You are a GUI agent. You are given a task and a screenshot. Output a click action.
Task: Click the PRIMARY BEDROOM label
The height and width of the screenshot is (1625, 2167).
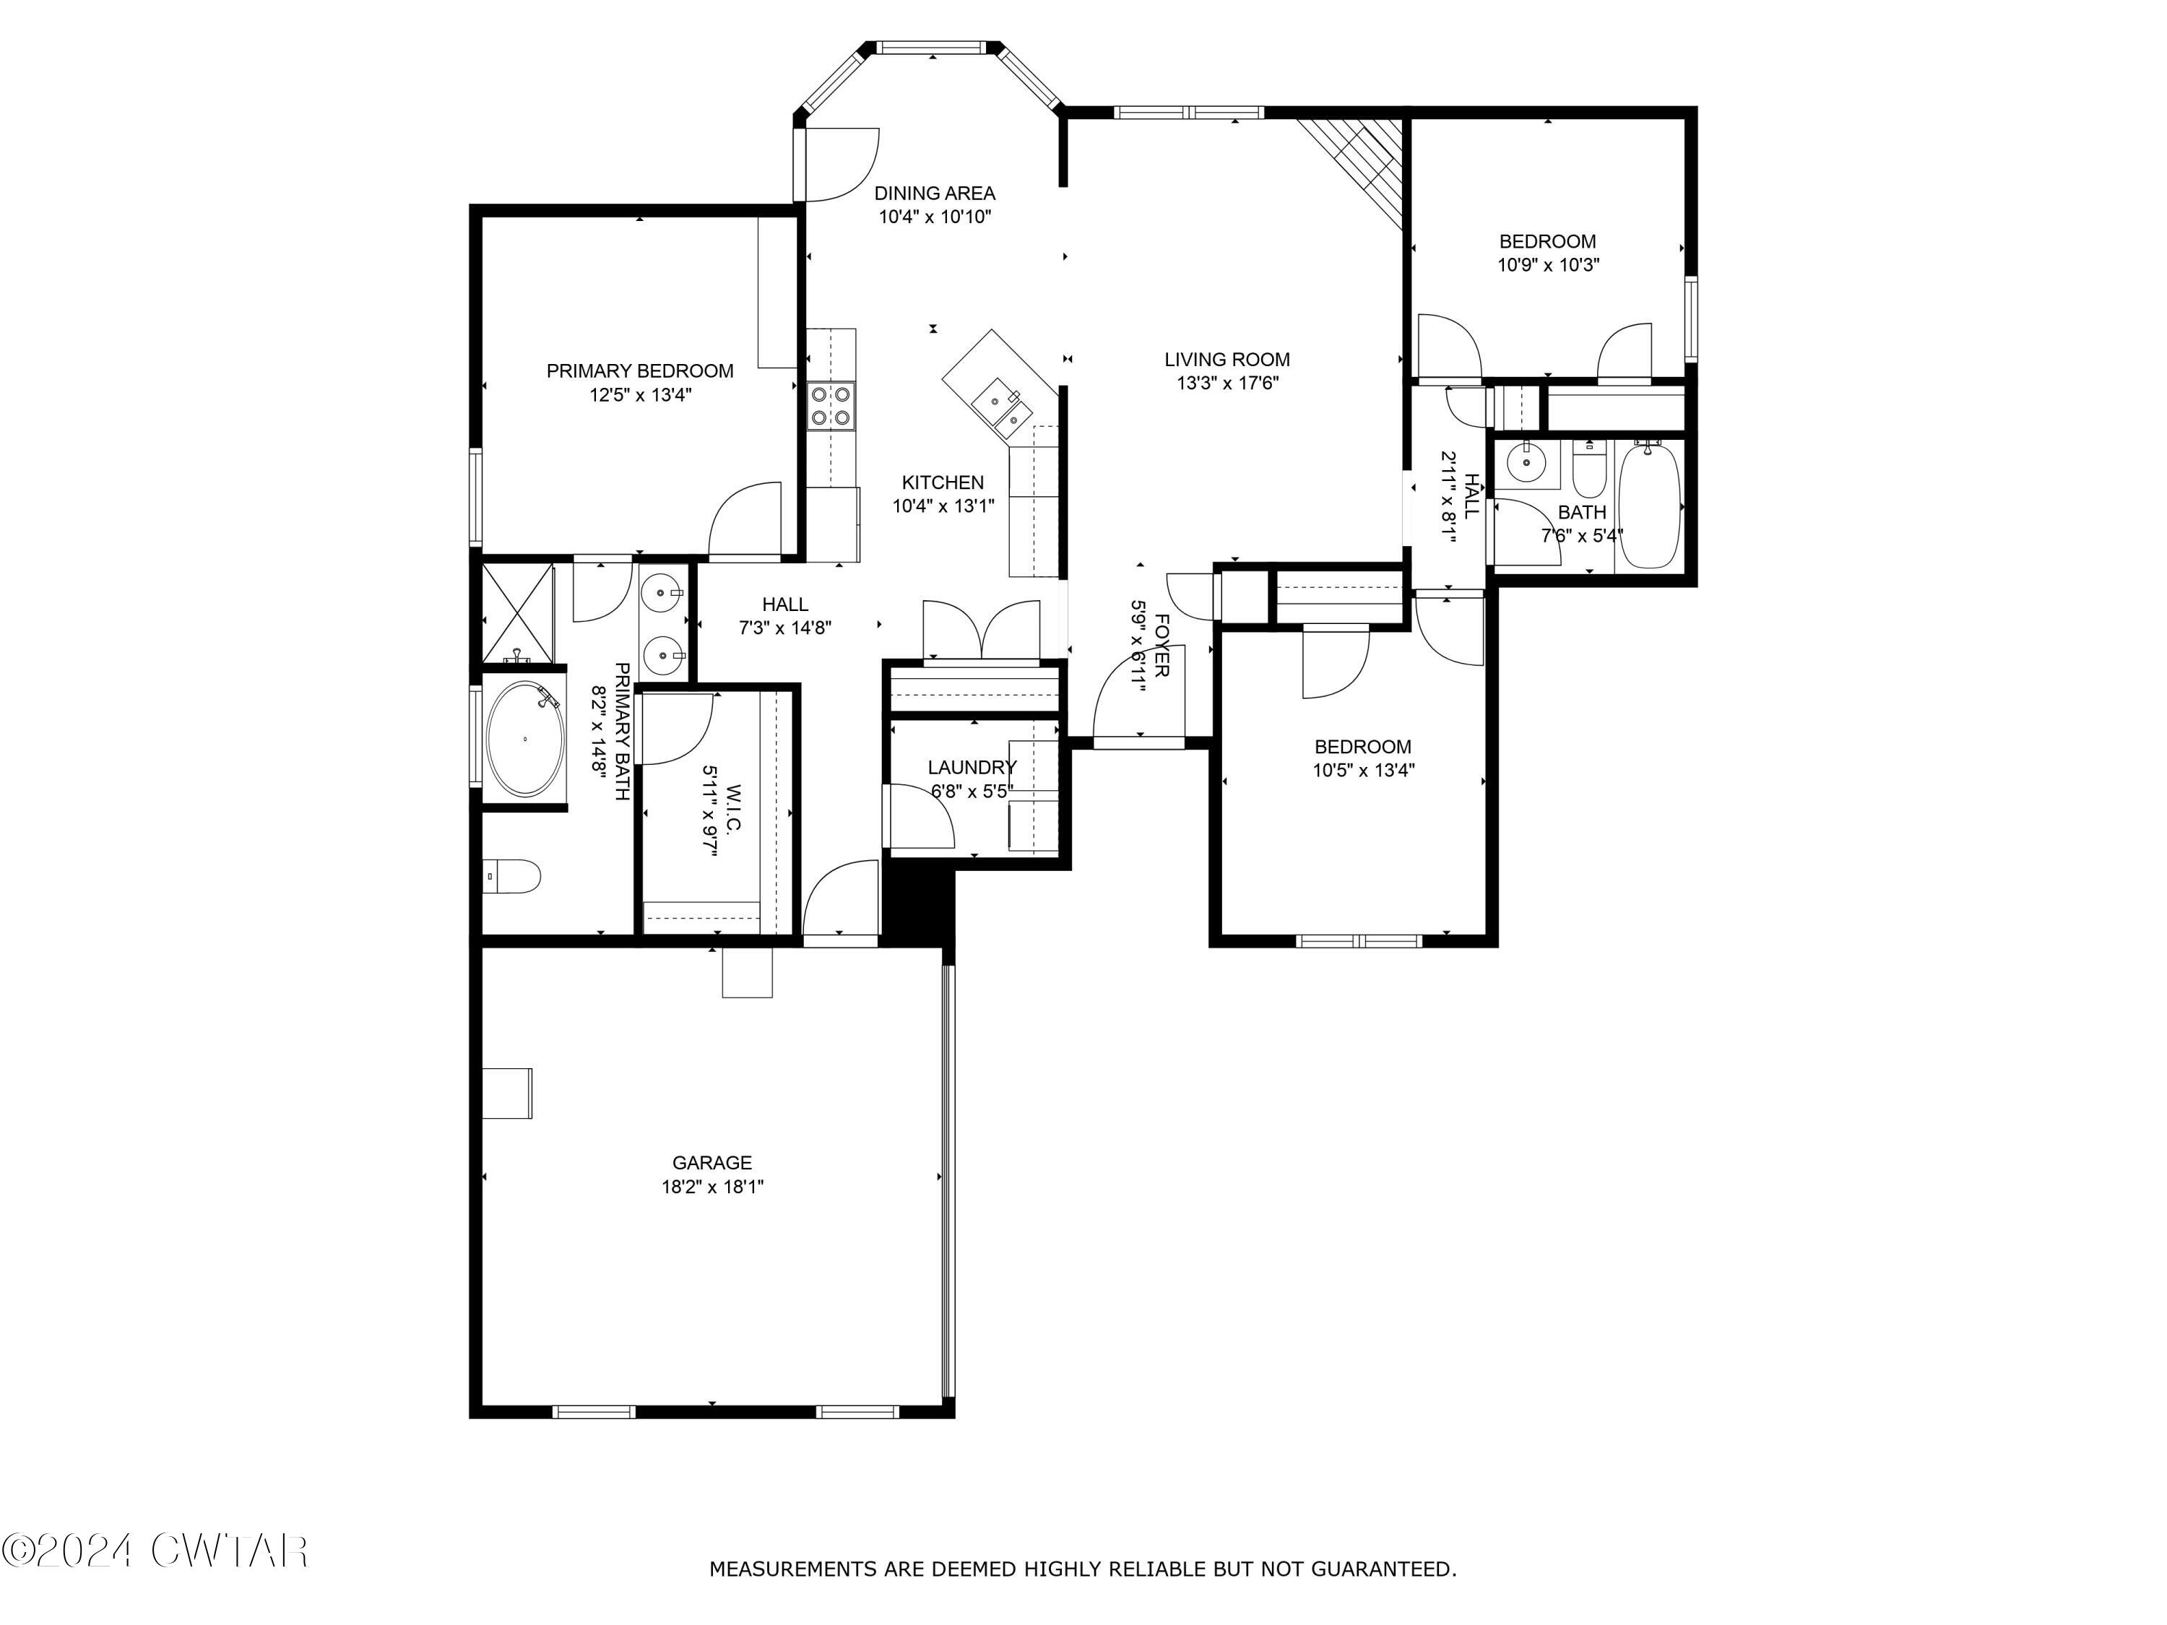[640, 371]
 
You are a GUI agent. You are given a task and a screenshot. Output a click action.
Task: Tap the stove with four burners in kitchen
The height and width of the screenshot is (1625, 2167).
[830, 405]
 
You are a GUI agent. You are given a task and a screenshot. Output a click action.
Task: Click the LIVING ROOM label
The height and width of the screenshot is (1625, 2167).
[1227, 360]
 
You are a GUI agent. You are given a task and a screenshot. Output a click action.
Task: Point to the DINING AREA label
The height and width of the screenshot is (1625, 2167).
[935, 193]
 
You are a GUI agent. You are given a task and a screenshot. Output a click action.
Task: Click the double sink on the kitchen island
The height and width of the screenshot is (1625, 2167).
[1004, 409]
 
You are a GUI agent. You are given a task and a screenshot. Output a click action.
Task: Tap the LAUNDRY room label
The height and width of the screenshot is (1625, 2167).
[972, 767]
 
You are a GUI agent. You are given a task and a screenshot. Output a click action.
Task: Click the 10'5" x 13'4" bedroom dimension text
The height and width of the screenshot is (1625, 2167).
[1364, 771]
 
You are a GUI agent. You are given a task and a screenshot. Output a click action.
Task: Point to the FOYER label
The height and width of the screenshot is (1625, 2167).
[1162, 646]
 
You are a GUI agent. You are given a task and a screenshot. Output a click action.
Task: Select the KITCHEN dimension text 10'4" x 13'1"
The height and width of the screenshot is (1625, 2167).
[943, 506]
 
